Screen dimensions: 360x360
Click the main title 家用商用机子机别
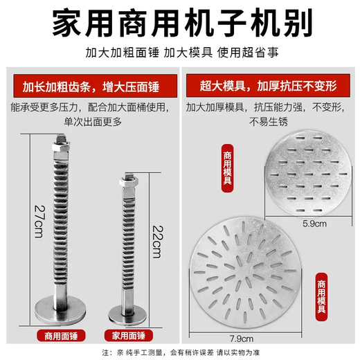pos(180,24)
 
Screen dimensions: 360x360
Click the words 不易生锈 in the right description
pos(267,121)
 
